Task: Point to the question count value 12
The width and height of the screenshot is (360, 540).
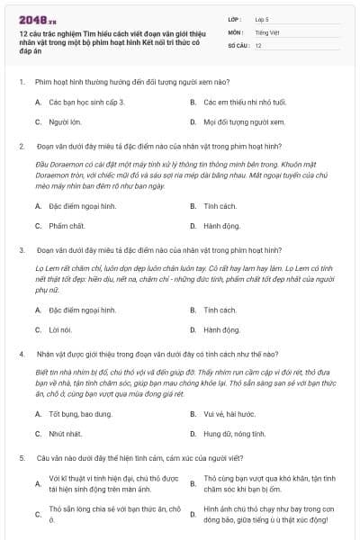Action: pyautogui.click(x=258, y=45)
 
